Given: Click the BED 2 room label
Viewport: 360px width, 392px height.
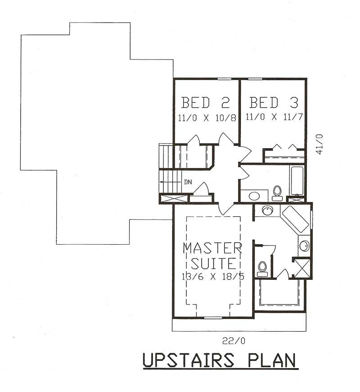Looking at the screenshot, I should click(206, 103).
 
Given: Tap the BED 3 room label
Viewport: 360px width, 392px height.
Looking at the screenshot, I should click(274, 103).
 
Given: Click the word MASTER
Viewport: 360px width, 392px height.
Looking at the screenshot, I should click(212, 248).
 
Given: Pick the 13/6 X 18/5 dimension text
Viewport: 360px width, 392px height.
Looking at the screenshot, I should click(214, 276).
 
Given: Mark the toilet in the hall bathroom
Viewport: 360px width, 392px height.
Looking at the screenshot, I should click(277, 193).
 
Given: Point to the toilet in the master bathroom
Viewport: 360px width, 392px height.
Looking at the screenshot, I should click(262, 269).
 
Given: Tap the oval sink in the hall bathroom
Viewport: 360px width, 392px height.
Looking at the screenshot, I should click(254, 196).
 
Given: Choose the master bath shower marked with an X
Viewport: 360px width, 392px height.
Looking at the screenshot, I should click(301, 268).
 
